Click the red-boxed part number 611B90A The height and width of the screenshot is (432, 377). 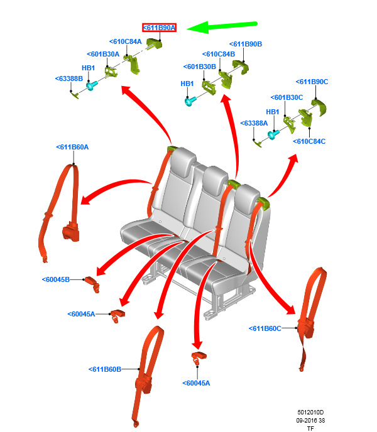tap(159, 28)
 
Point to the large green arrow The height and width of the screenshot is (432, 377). tap(222, 27)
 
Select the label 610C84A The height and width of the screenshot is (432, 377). tap(126, 41)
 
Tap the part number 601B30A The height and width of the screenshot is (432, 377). tap(103, 54)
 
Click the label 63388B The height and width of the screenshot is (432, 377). tap(69, 78)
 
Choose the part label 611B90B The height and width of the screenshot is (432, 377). tap(246, 44)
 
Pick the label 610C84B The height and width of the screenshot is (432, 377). tap(219, 54)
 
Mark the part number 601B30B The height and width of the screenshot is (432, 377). tap(200, 67)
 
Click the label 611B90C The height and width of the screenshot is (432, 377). tap(312, 82)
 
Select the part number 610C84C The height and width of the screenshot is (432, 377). tap(309, 141)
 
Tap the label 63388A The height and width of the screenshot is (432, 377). tap(254, 123)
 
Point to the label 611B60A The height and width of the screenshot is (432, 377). tap(72, 147)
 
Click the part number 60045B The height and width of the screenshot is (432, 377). tap(56, 279)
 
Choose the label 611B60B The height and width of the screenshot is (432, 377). tap(105, 369)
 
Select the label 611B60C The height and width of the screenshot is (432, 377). tap(265, 328)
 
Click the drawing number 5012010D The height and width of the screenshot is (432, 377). tap(310, 413)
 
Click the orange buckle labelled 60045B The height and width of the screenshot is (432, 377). tap(92, 284)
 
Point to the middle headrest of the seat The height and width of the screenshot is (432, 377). tap(215, 176)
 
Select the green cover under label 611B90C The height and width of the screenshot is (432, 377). tap(319, 107)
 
